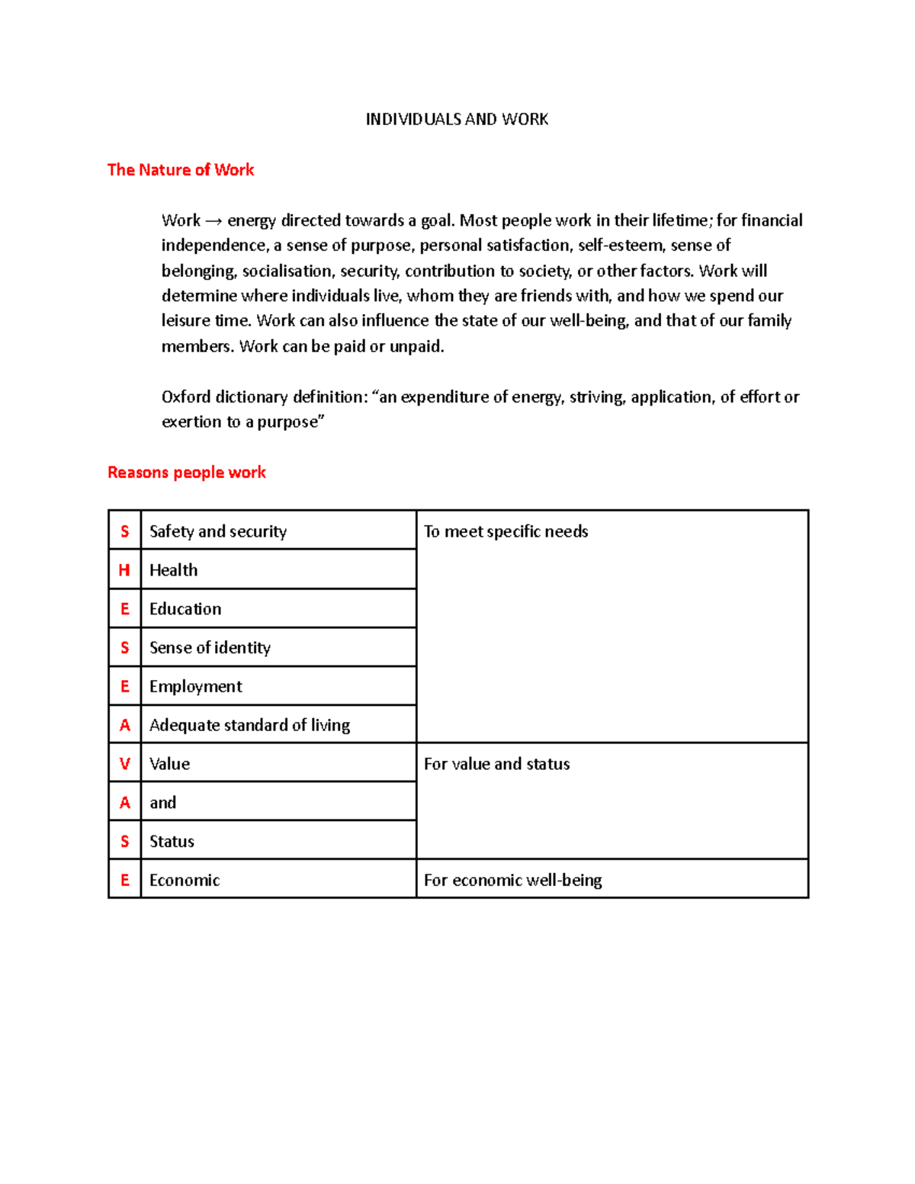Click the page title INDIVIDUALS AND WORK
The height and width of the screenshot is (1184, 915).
click(457, 119)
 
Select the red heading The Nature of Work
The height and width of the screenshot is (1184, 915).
click(181, 170)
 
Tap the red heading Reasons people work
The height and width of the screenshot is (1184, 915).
click(187, 473)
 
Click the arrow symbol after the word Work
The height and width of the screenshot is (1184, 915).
click(213, 221)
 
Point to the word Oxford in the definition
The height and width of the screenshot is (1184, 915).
click(186, 397)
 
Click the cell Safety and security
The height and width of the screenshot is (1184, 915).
click(218, 531)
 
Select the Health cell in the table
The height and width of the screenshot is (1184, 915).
click(174, 570)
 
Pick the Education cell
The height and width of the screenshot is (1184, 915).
click(185, 609)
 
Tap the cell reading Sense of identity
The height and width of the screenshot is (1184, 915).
click(210, 648)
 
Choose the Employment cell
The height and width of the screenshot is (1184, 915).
click(196, 687)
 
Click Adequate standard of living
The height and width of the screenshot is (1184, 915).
click(249, 725)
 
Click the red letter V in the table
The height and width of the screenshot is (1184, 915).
click(125, 764)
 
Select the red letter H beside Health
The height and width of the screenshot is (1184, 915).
click(124, 570)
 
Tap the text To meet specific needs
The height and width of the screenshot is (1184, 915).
click(506, 531)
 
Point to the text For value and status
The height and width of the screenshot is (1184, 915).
click(496, 764)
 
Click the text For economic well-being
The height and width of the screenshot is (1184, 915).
click(512, 881)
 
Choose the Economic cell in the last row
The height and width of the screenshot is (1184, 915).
click(185, 881)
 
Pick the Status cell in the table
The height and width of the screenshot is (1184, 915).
click(172, 842)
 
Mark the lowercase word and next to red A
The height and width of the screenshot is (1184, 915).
click(162, 803)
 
